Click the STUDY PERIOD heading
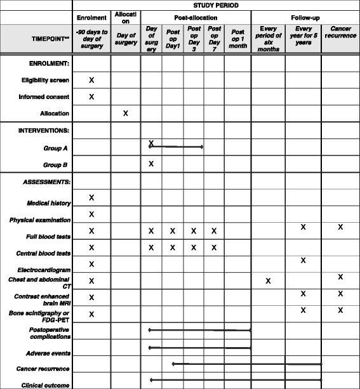(215, 4)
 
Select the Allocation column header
(125, 17)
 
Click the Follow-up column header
(305, 18)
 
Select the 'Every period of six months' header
(267, 39)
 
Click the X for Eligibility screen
(91, 80)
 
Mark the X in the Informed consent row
(91, 96)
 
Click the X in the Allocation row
(125, 113)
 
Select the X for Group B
(151, 164)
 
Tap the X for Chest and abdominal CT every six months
(268, 280)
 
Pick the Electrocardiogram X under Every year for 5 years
(303, 260)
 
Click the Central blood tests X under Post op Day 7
(215, 247)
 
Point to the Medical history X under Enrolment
(91, 199)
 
